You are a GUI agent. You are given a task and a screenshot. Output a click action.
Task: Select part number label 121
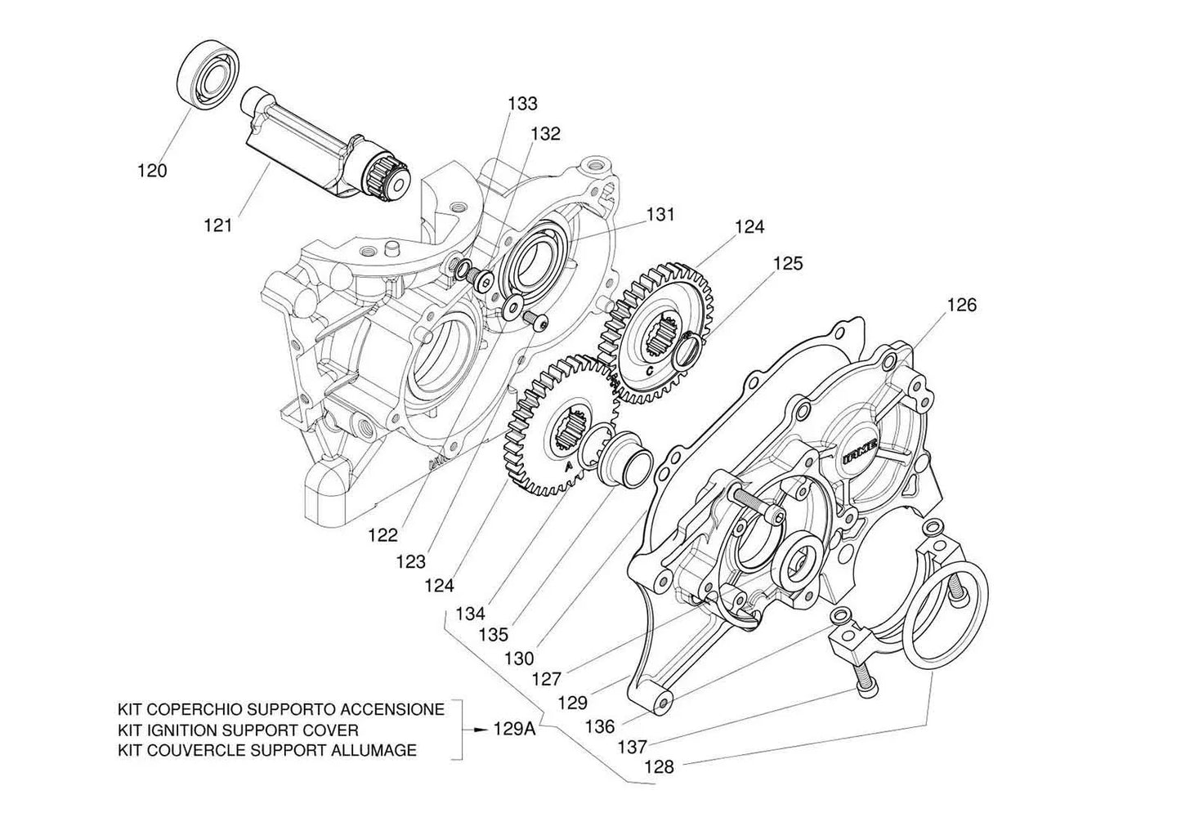pos(218,224)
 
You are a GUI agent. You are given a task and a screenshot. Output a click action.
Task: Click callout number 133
pos(522,104)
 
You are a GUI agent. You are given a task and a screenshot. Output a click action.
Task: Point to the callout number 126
pos(962,305)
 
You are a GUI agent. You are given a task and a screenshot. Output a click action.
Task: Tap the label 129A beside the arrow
pos(515,730)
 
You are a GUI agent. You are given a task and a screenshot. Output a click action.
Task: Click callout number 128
pos(660,767)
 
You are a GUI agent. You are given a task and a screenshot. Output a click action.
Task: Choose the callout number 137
pos(633,746)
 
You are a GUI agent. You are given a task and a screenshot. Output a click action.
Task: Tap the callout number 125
pos(788,263)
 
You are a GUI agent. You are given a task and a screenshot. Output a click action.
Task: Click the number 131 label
pos(660,214)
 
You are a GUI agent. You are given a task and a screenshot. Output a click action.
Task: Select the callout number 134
pos(471,613)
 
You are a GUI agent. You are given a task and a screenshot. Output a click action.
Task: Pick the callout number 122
pos(382,535)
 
